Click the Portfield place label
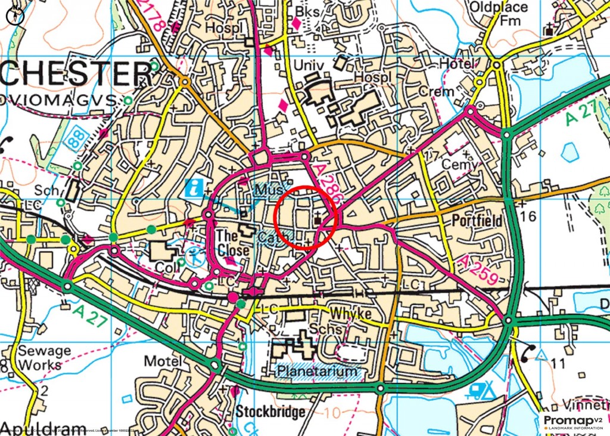(477, 219)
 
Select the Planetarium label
(319, 372)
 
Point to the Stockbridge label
(270, 412)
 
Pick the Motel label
(163, 361)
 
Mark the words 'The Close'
(231, 242)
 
